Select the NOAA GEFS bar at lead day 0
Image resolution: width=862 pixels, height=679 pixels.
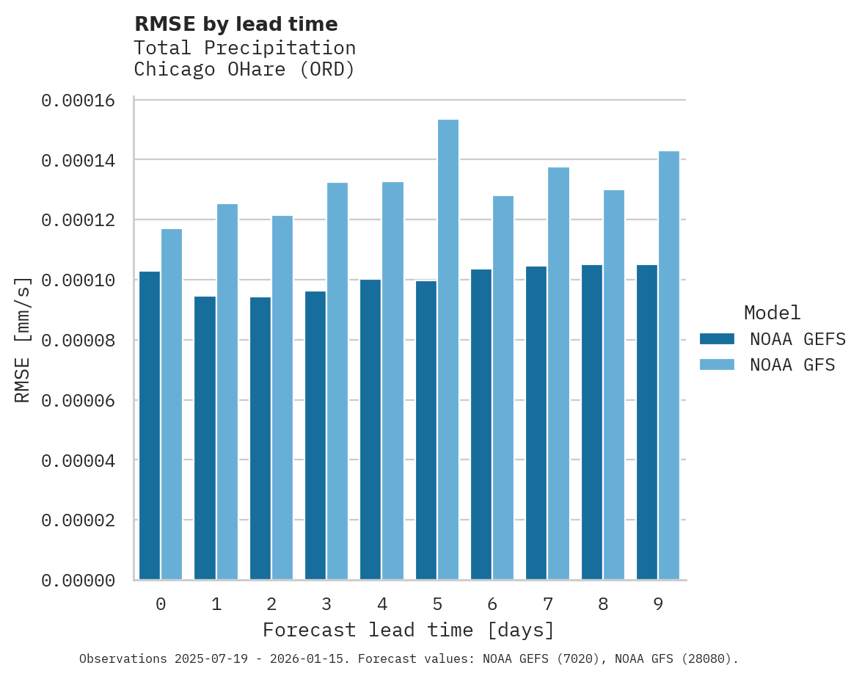pos(150,425)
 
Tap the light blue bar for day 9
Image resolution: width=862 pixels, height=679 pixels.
pos(669,365)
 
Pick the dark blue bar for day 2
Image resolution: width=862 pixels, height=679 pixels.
pos(260,437)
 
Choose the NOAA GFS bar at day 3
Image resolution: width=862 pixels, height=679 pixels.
pos(337,381)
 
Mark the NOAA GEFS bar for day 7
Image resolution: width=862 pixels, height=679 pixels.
pos(536,423)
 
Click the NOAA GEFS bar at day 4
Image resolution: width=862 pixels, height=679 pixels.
pos(370,429)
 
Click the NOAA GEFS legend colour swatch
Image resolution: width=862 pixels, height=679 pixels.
pos(717,338)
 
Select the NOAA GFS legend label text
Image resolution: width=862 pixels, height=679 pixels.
pos(792,364)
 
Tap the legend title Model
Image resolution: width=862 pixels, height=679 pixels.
pos(772,313)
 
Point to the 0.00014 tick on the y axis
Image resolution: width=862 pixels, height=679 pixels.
pos(78,160)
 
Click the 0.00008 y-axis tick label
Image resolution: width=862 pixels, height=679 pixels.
pos(78,341)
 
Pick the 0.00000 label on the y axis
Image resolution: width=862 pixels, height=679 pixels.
pos(78,581)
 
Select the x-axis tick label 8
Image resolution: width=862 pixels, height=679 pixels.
pos(603,604)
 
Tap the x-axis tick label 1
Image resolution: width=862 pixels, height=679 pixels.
pos(216,604)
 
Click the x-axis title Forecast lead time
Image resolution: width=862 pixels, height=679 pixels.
pos(409,630)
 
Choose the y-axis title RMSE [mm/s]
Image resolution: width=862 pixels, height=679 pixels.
pos(23,339)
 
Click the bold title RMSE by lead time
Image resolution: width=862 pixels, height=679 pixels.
pos(236,24)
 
